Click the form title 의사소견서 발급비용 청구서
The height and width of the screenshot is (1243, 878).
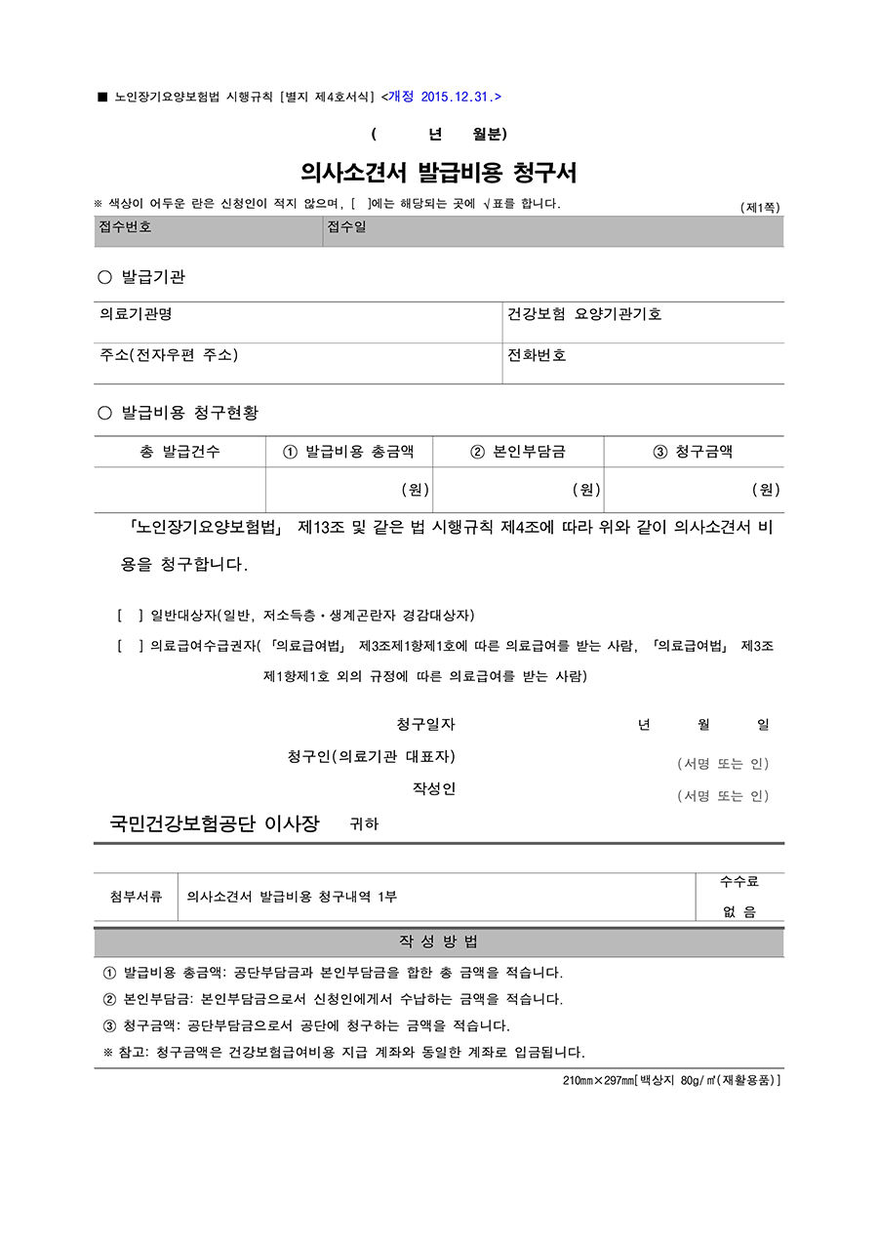439,173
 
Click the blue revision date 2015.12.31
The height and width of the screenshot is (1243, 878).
444,97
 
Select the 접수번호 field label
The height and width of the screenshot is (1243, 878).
126,227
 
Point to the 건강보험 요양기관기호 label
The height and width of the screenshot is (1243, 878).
584,314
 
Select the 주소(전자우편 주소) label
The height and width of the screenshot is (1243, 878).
169,355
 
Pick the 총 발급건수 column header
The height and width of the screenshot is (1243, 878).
180,452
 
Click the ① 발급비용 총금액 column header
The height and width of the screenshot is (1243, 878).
348,452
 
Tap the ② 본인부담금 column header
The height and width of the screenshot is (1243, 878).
518,452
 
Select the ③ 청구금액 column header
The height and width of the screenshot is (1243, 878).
693,452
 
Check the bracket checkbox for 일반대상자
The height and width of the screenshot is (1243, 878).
130,616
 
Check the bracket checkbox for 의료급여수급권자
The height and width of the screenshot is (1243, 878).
130,646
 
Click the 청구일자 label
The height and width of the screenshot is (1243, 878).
425,724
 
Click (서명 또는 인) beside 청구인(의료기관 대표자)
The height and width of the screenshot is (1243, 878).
723,764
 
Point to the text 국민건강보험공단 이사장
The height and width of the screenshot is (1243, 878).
215,823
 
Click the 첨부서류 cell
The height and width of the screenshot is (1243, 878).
137,897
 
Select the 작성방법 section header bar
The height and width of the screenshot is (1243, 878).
439,942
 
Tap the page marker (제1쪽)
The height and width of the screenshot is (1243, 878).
761,207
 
